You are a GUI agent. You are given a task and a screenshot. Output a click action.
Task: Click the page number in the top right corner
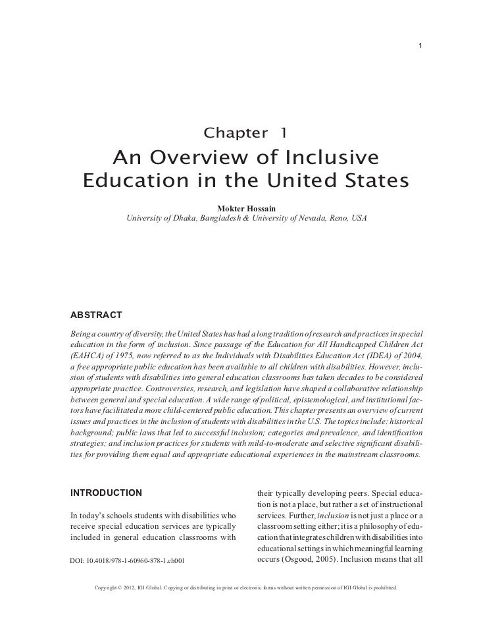click(420, 45)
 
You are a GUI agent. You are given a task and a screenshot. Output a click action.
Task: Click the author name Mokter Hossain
click(247, 208)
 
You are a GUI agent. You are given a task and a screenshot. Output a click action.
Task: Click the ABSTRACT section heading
click(92, 312)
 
